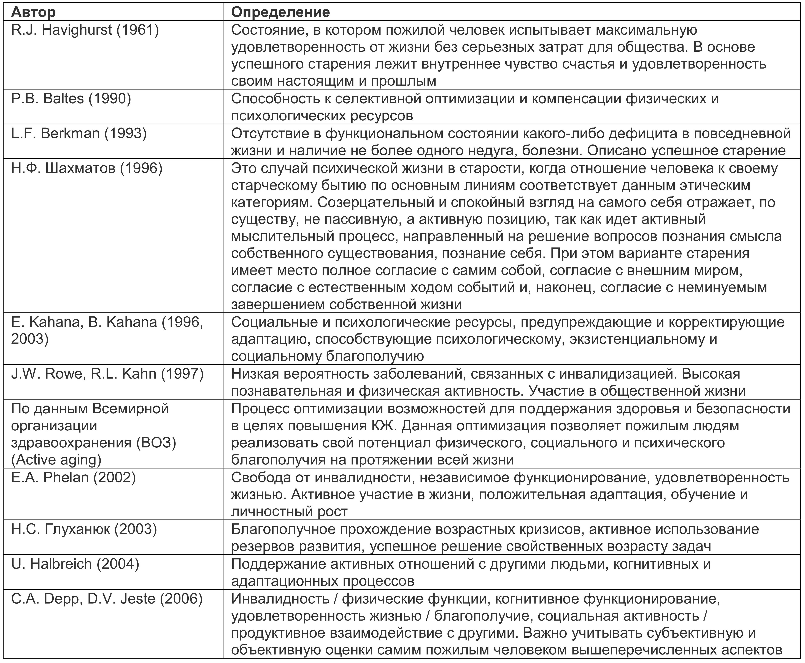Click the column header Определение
coord(280,12)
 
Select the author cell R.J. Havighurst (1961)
coord(85,30)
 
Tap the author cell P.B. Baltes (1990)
coord(71,99)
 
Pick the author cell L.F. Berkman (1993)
coord(79,133)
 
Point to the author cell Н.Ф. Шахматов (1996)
coord(87,168)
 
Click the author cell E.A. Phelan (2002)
coord(73,477)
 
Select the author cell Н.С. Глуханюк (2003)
coord(84,529)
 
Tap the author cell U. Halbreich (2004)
coord(75,564)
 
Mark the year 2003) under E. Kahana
coord(30,339)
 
